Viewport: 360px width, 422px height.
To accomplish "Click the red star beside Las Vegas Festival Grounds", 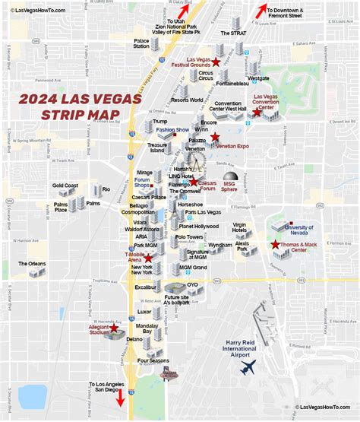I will (216, 62).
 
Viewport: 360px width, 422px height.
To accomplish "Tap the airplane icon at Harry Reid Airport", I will (248, 366).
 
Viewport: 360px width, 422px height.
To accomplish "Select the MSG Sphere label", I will (230, 186).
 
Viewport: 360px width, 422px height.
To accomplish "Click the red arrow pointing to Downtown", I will (261, 11).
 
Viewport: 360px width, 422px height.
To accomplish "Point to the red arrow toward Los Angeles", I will (119, 398).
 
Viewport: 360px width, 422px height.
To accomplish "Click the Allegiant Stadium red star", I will (115, 329).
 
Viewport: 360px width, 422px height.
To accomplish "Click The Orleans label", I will (33, 263).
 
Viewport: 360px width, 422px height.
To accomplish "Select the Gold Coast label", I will (65, 186).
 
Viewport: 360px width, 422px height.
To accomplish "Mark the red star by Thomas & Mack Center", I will (275, 244).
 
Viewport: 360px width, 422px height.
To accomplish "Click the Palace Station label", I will (141, 43).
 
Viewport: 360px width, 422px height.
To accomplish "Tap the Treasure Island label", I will (157, 147).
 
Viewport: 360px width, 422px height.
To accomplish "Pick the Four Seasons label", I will (153, 360).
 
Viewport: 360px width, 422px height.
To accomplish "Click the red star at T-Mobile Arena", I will (148, 259).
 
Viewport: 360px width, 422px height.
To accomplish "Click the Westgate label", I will (258, 78).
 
